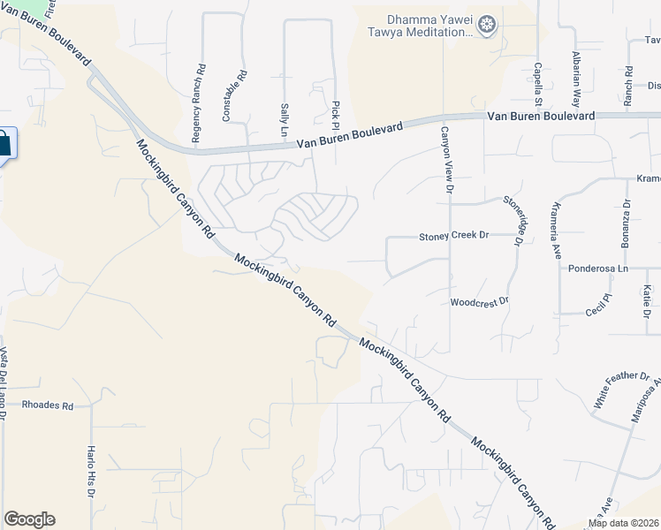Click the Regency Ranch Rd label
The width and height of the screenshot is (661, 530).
click(x=199, y=103)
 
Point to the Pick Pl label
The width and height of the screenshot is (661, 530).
click(x=336, y=111)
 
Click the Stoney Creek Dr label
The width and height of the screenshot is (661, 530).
click(x=453, y=236)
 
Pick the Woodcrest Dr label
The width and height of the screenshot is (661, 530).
click(x=480, y=301)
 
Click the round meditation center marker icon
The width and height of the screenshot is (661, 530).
click(x=487, y=26)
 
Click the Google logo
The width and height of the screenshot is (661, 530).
click(x=29, y=519)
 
